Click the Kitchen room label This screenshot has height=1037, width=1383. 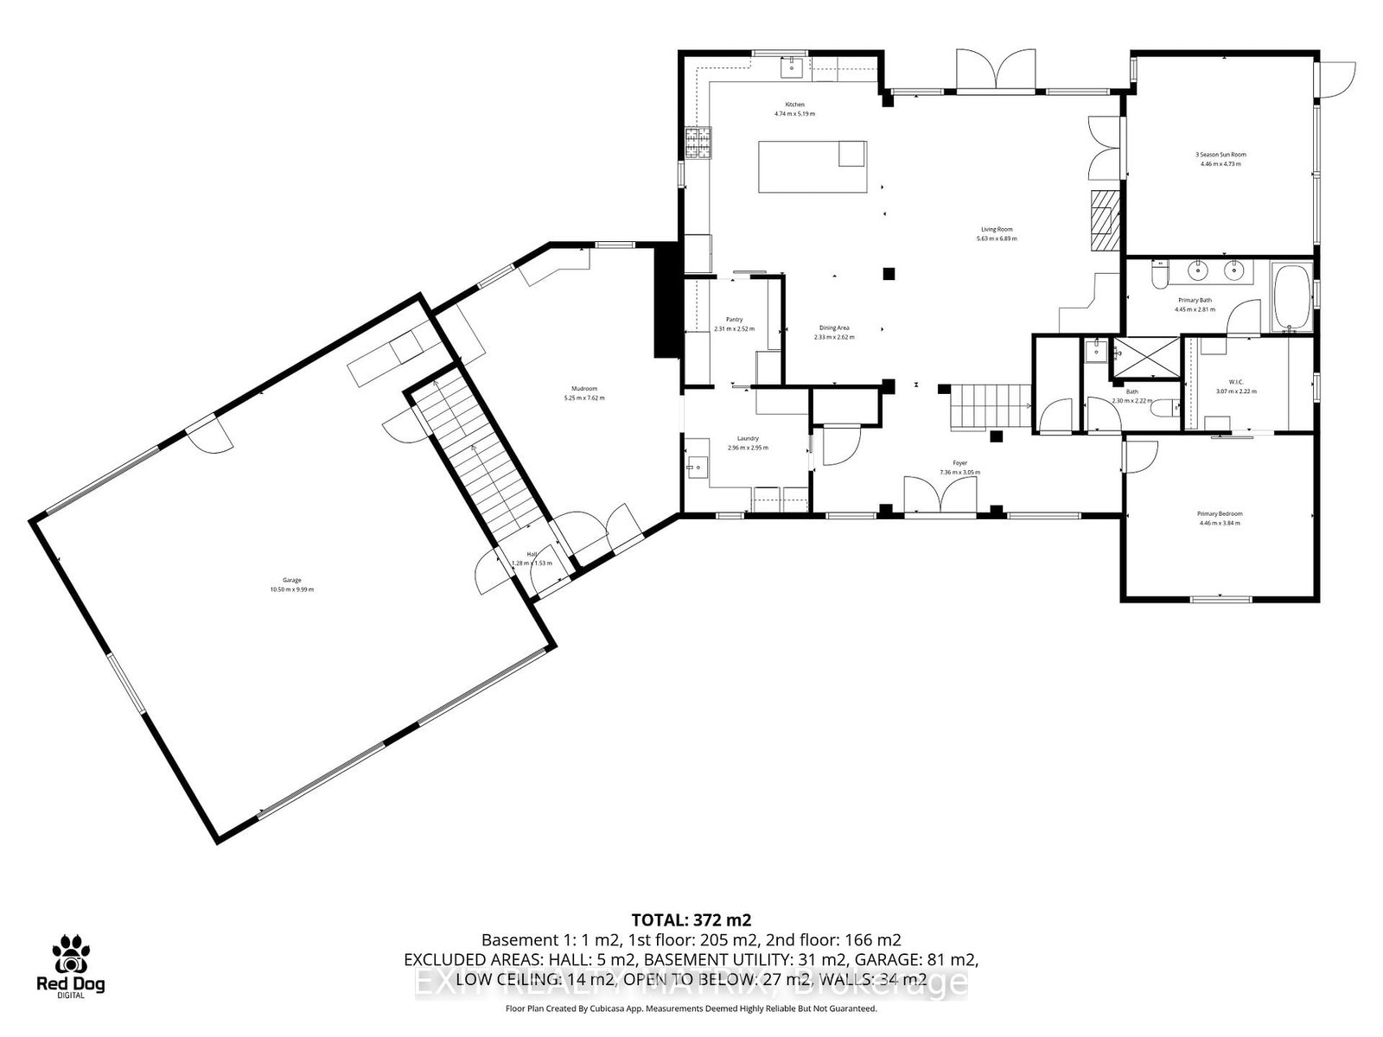point(794,105)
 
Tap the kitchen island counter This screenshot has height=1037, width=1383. point(812,167)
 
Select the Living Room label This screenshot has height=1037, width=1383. point(996,229)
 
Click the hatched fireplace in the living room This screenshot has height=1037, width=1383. point(1102,220)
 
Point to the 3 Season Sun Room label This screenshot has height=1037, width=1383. point(1220,155)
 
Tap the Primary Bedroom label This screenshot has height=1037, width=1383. point(1220,513)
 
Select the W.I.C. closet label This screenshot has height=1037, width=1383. point(1235,381)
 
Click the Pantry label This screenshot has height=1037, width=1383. point(734,320)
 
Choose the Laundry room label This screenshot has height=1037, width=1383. point(748,438)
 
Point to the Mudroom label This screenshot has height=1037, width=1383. point(584,389)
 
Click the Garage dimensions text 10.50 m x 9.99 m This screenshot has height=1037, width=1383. point(291,589)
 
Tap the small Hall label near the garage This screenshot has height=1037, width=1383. point(532,555)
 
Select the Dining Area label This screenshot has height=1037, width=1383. point(834,328)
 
